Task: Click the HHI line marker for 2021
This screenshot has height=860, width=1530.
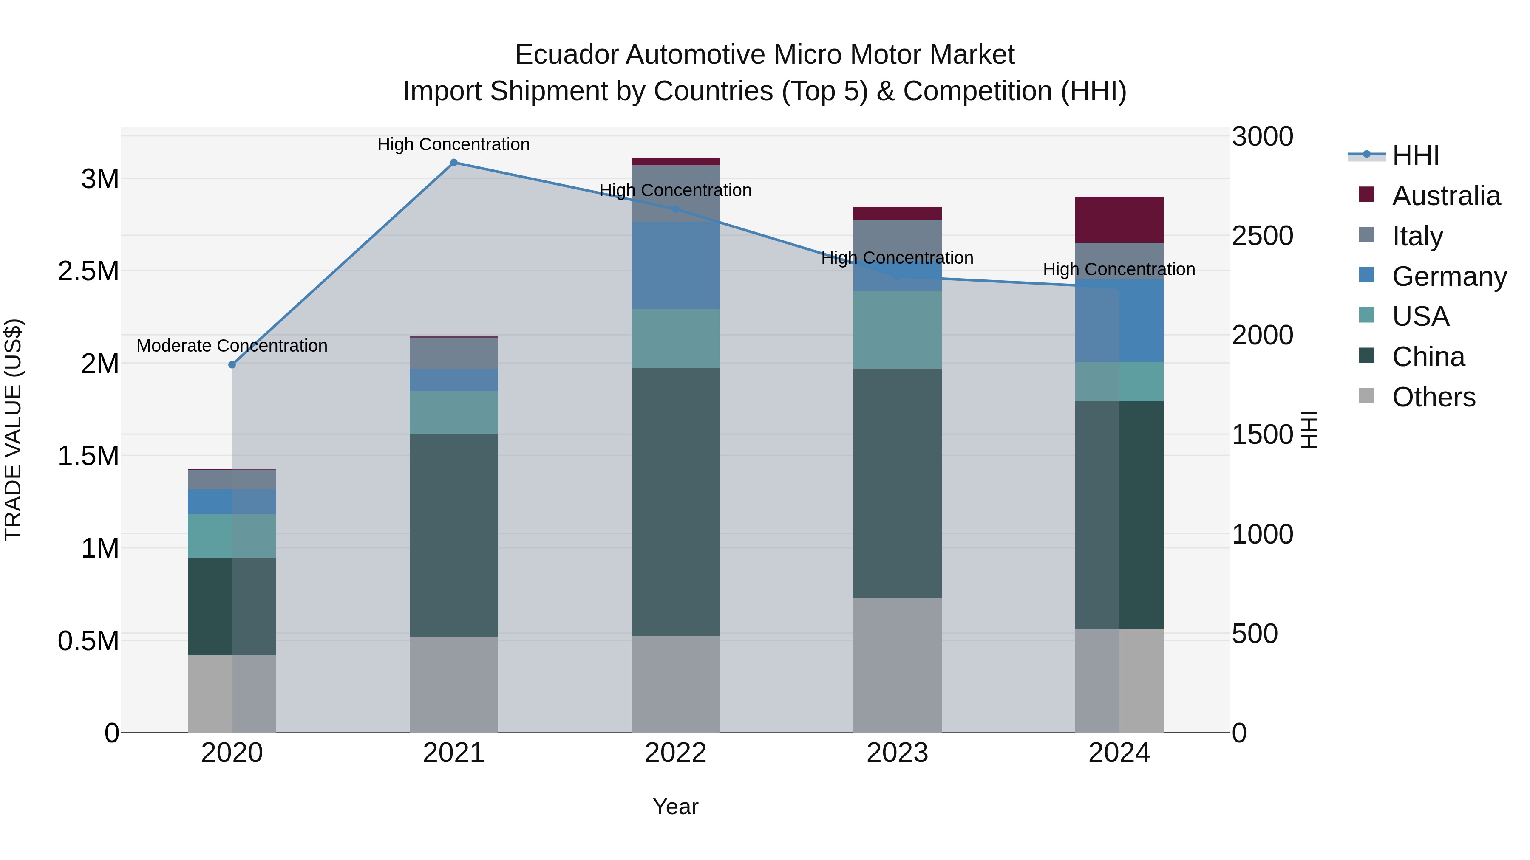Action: [454, 163]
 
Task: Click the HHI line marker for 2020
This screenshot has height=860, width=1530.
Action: [232, 364]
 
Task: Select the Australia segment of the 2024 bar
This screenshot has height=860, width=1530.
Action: [1119, 220]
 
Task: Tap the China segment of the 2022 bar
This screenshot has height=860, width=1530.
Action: [675, 502]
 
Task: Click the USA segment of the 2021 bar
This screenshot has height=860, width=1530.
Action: [454, 412]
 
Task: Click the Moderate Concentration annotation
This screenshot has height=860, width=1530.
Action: [232, 345]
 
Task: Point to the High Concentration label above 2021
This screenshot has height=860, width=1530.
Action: [454, 144]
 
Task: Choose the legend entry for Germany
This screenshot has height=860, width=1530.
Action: [1449, 276]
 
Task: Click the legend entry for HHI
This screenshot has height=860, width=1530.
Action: [1415, 155]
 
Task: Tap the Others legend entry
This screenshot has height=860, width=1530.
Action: [1433, 397]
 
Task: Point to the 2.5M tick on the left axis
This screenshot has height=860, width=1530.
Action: [88, 271]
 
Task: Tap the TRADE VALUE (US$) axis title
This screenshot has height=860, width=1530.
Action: [13, 430]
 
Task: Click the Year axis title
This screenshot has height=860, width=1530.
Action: [675, 806]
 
